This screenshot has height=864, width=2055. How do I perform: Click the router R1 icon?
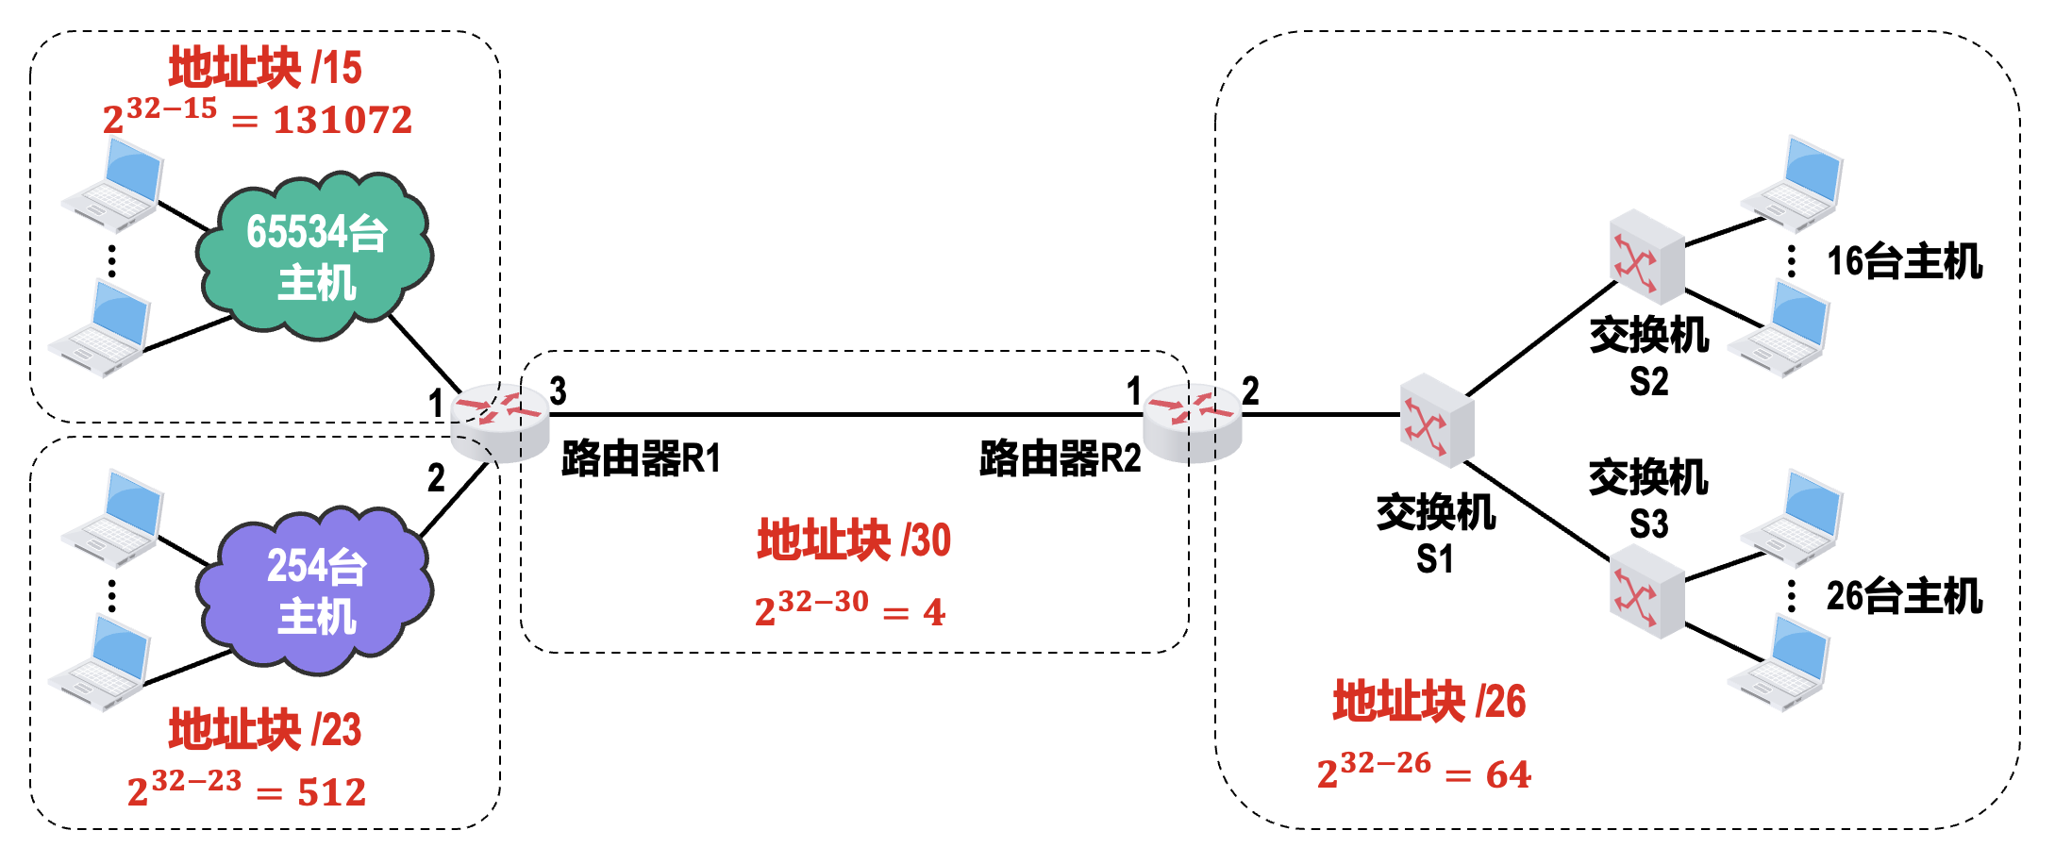coord(499,422)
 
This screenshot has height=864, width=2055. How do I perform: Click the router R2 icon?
coord(1192,422)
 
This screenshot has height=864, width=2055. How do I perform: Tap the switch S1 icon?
coord(1436,421)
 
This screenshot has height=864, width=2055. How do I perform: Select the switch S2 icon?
coord(1646,257)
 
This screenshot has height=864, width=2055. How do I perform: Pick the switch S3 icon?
coord(1646,591)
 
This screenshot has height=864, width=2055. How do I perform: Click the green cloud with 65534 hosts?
coord(315,256)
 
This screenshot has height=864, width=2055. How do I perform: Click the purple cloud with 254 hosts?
coord(315,590)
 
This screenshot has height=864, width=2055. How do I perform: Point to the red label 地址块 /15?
coord(265,68)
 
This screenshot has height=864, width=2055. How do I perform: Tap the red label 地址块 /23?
coord(265,730)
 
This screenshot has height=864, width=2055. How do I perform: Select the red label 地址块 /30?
coord(854,540)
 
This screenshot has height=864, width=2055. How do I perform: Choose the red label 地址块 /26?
coord(1429,702)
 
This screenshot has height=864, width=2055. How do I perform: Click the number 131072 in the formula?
coord(342,120)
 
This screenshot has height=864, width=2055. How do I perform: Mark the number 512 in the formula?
coord(331,792)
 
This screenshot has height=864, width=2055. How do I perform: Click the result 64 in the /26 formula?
coord(1508,775)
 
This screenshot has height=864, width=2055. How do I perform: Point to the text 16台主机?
coord(1904,261)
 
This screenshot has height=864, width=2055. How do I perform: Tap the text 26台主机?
coord(1904,596)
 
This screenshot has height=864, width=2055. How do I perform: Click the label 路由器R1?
coord(641,458)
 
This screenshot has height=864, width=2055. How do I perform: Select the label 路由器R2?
coord(1060,458)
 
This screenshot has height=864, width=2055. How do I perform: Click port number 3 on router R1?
coord(558,390)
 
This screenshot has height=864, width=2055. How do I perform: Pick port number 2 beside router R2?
coord(1250,390)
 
